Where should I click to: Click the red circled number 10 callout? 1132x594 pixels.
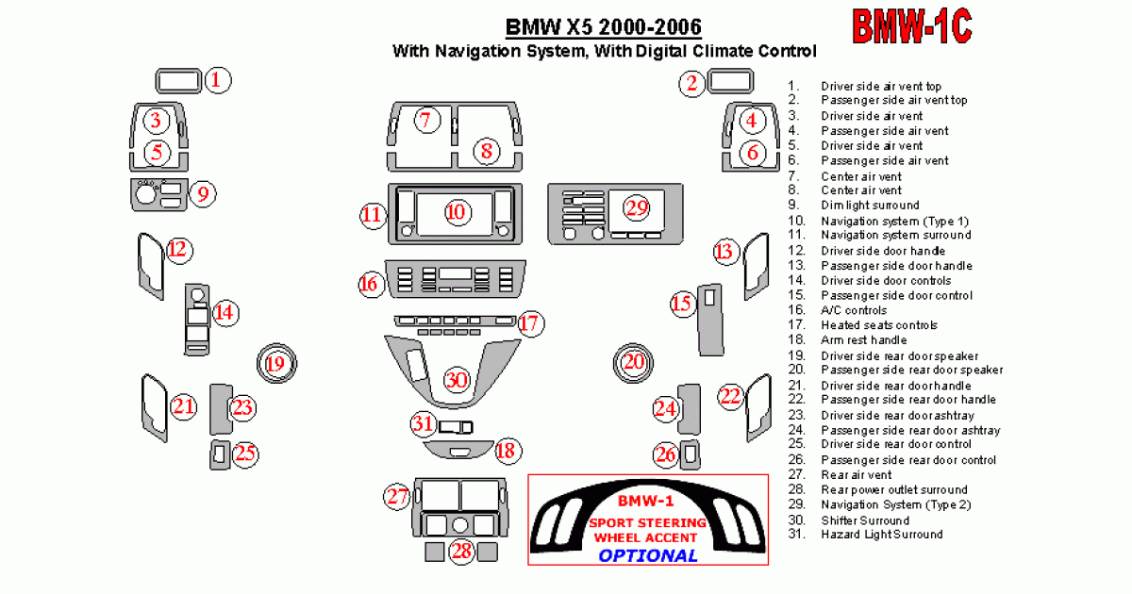457,212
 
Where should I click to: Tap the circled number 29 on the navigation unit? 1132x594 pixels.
637,207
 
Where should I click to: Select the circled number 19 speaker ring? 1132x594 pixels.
275,362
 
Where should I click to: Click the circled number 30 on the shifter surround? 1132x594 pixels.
457,380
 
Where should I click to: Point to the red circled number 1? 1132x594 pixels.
217,80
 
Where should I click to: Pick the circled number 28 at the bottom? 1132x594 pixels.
461,551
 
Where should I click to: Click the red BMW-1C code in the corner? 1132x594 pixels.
912,26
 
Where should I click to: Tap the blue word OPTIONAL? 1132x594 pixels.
648,554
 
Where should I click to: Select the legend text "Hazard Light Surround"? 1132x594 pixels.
881,535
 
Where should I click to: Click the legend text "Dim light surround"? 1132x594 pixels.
870,206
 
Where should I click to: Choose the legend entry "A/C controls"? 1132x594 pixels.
854,310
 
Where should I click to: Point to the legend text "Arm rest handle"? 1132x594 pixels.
863,340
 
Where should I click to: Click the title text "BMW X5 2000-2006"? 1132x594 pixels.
604,25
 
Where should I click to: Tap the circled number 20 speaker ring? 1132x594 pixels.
633,362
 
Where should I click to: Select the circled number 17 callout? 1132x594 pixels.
530,323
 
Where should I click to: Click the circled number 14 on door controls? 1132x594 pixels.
225,313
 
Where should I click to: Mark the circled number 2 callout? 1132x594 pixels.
692,84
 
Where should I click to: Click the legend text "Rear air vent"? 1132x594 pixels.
856,475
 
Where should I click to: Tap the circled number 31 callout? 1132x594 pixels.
424,424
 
